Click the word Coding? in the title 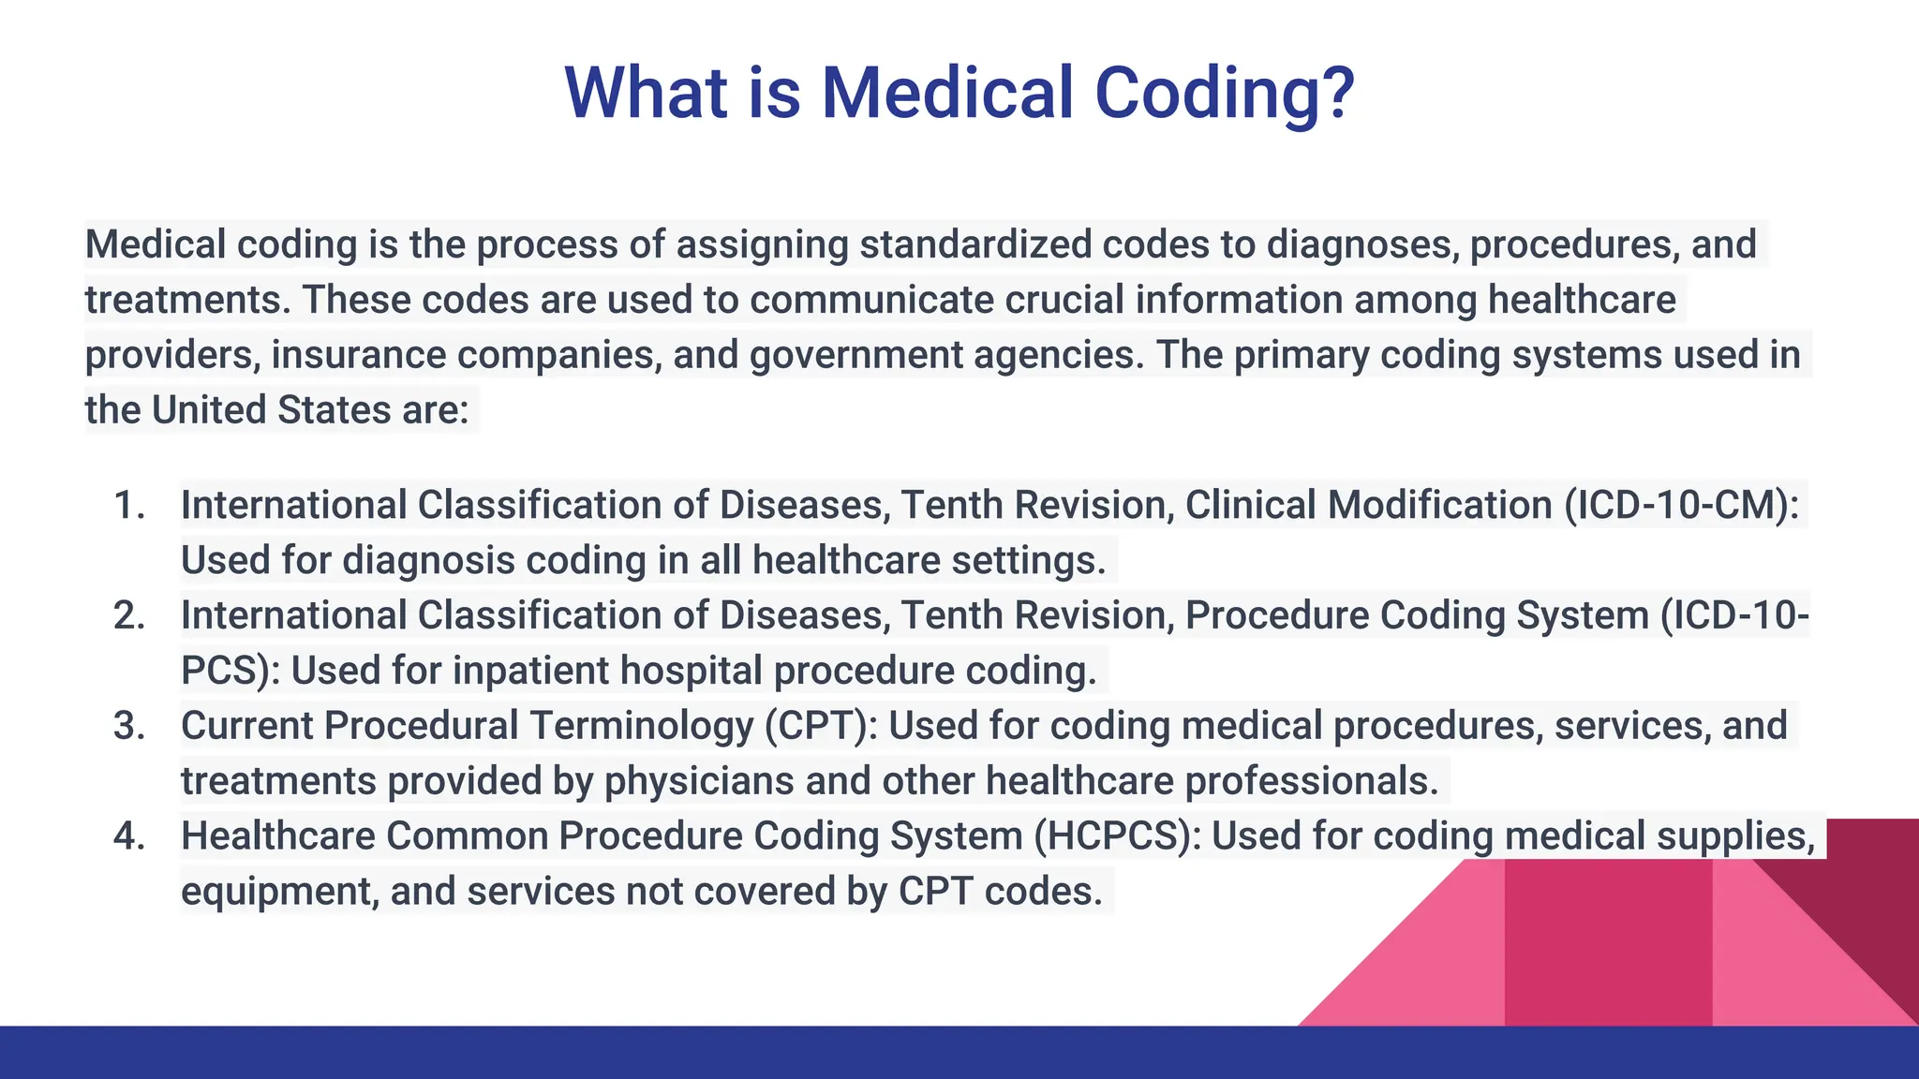click(x=1224, y=94)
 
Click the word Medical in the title click(x=946, y=94)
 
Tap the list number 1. click(x=129, y=506)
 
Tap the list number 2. click(x=129, y=616)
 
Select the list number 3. click(x=129, y=727)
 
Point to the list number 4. click(x=129, y=836)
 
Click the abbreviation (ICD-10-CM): click(x=1681, y=506)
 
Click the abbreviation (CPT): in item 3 click(x=821, y=727)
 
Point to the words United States click(x=271, y=411)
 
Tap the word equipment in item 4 click(x=278, y=892)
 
